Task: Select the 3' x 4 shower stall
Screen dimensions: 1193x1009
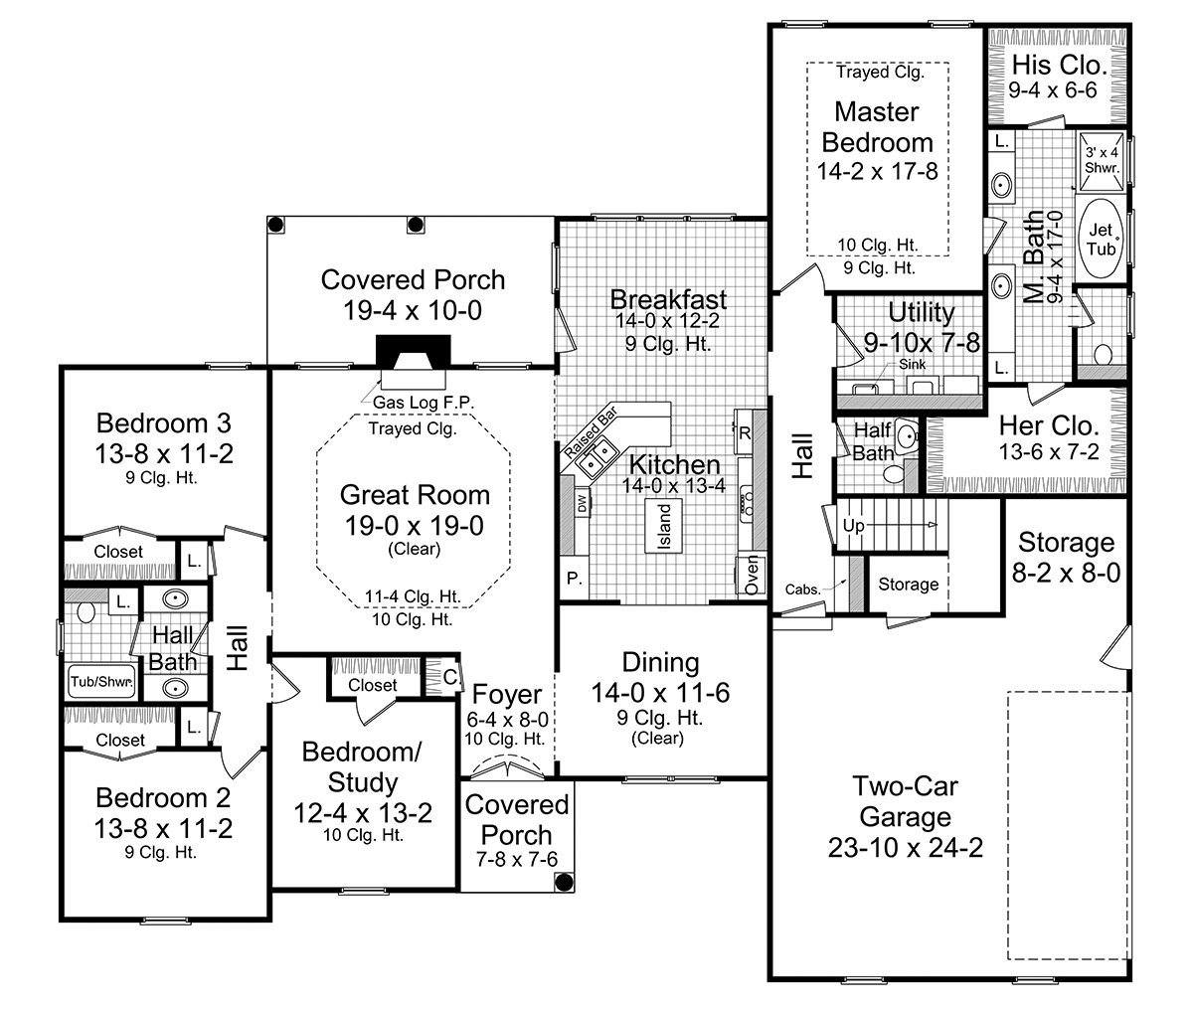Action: (1103, 161)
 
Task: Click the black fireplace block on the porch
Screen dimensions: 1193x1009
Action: (414, 350)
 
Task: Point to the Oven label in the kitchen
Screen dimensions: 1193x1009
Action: (751, 576)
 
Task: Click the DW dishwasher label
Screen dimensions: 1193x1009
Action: (582, 503)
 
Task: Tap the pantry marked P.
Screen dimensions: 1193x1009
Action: (575, 579)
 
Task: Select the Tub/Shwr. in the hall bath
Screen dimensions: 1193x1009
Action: (101, 682)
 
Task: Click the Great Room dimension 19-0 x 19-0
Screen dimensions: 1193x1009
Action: (415, 526)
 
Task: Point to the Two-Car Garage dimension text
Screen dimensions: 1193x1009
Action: (905, 848)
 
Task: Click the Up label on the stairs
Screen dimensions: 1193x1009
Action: (854, 525)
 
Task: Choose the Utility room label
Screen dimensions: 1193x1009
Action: (922, 312)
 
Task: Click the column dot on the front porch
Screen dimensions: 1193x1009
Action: (564, 882)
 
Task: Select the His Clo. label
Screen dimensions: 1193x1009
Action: (1060, 65)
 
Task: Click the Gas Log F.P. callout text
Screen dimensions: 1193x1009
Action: (424, 403)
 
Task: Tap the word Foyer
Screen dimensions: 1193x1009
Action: (507, 695)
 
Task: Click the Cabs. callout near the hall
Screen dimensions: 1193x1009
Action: (803, 589)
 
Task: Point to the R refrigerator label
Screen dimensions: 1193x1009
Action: (745, 433)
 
